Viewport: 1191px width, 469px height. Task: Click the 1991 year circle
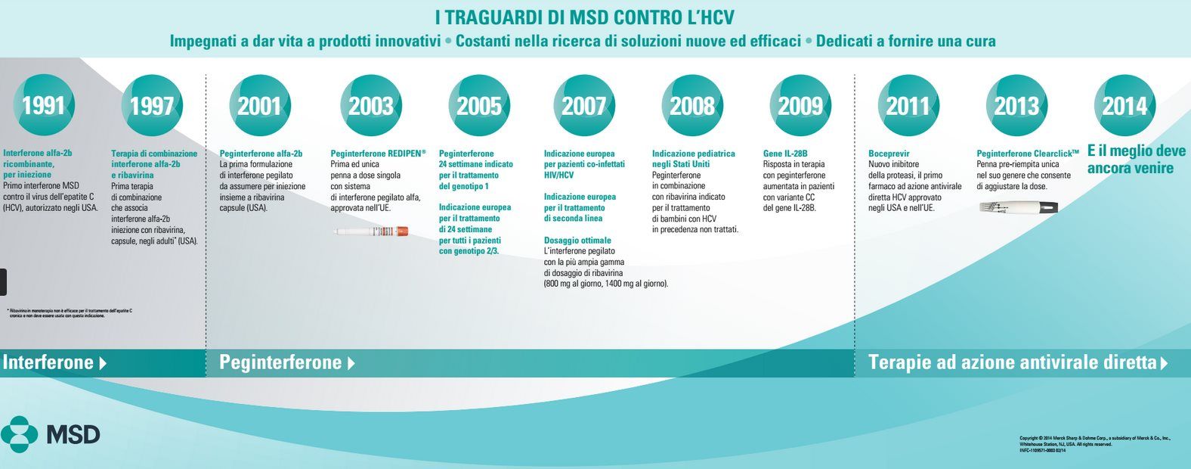[x=43, y=106]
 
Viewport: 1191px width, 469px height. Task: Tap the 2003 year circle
[x=370, y=106]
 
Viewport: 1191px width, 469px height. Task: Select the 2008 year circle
[x=692, y=106]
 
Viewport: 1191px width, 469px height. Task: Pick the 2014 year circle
[x=1124, y=106]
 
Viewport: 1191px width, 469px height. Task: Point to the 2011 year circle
[x=908, y=106]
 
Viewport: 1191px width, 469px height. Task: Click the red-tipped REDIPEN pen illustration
[x=371, y=231]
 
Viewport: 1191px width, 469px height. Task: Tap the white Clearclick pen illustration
[x=1018, y=207]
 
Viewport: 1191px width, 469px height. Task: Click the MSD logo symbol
[x=19, y=434]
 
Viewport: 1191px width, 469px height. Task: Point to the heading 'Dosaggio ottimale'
[x=578, y=240]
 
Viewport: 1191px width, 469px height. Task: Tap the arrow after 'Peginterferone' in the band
[x=351, y=363]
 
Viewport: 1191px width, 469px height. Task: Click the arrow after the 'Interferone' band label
[x=103, y=363]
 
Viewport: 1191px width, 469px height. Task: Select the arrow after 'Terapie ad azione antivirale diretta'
[x=1164, y=363]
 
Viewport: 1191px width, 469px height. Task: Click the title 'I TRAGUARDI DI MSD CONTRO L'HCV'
[x=585, y=17]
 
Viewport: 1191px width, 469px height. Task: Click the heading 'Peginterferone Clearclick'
[x=1028, y=154]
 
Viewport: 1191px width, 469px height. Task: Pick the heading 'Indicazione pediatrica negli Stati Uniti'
[x=693, y=159]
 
